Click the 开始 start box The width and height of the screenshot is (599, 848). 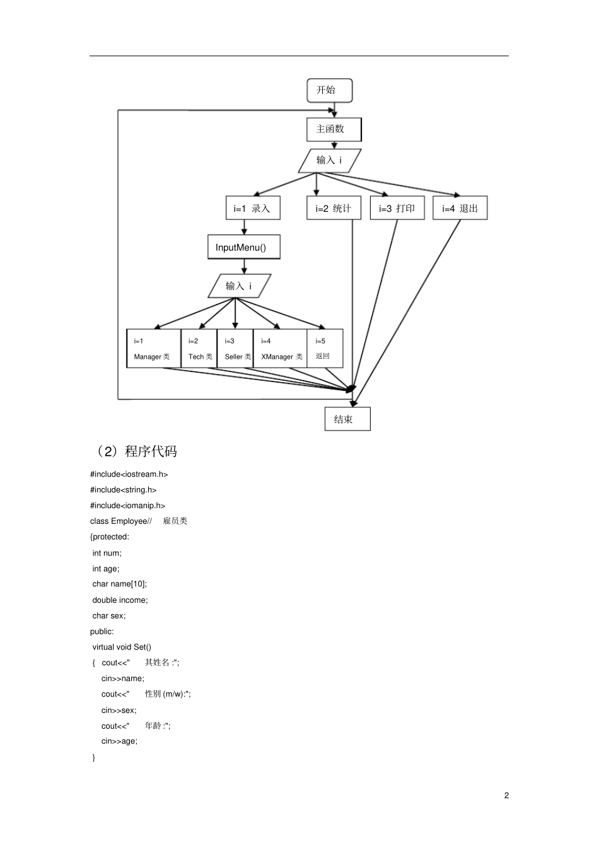click(x=329, y=90)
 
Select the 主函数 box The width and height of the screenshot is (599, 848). click(x=334, y=129)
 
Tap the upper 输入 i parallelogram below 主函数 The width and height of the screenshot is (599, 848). click(x=330, y=160)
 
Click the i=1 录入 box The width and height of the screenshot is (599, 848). click(x=253, y=208)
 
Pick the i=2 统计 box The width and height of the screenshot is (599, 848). click(x=334, y=208)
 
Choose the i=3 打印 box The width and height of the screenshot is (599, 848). click(x=397, y=208)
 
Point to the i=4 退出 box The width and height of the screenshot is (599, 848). click(x=460, y=208)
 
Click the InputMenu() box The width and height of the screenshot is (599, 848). click(x=243, y=247)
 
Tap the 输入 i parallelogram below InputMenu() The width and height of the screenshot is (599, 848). click(x=240, y=286)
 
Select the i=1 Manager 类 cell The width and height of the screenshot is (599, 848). click(x=153, y=349)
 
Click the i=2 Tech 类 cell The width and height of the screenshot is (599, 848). click(x=199, y=349)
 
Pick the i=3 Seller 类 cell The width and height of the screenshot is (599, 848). click(x=235, y=349)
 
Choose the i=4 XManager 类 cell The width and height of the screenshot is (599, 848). click(x=280, y=349)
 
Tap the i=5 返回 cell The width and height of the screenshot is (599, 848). click(x=325, y=349)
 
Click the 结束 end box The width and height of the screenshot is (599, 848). click(x=347, y=419)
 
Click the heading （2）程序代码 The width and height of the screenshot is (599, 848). click(x=135, y=451)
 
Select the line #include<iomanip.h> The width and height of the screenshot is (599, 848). click(x=128, y=506)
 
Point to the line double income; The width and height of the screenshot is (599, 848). click(x=120, y=600)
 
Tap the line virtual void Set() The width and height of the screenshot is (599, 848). click(x=122, y=647)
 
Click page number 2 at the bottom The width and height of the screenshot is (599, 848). click(x=506, y=795)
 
